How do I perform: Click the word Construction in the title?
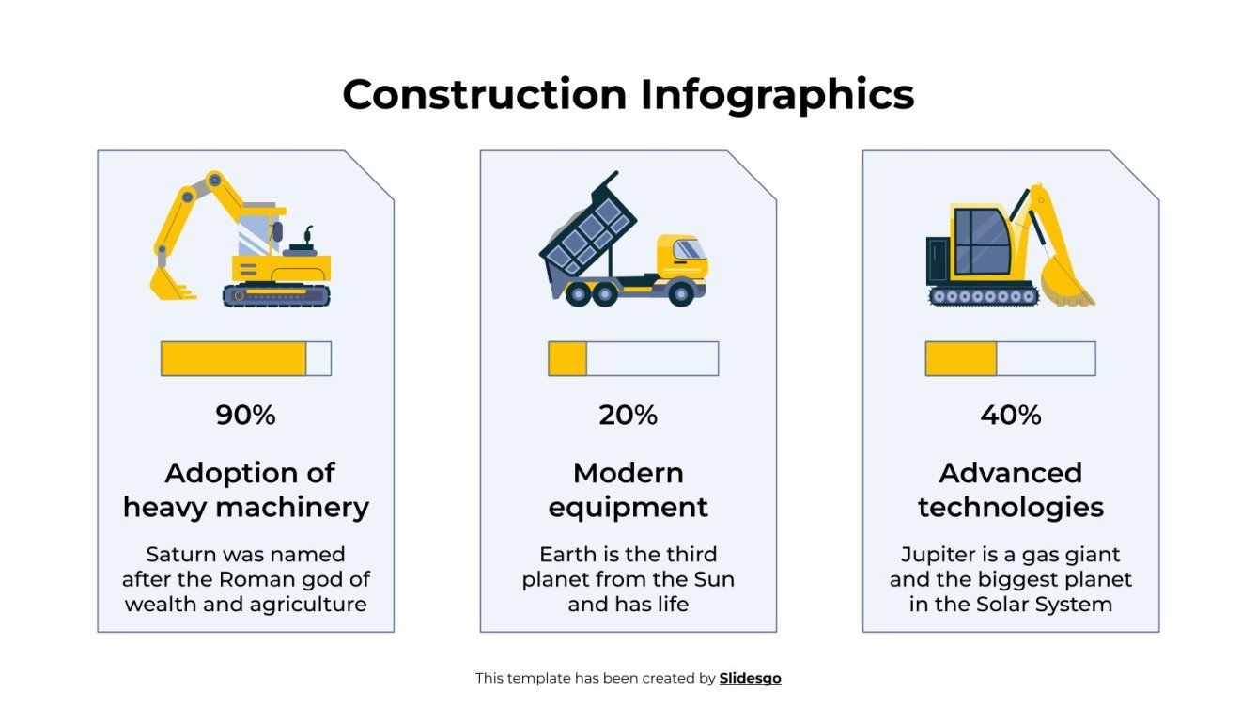pyautogui.click(x=484, y=95)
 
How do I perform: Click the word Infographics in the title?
pyautogui.click(x=777, y=95)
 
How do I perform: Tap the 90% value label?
pyautogui.click(x=245, y=415)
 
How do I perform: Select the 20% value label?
pyautogui.click(x=628, y=415)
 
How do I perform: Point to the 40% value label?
pyautogui.click(x=1011, y=415)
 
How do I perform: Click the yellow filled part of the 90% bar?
pyautogui.click(x=233, y=358)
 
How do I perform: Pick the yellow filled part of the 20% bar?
pyautogui.click(x=567, y=358)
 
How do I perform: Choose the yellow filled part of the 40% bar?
pyautogui.click(x=960, y=358)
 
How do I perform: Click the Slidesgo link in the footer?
pyautogui.click(x=750, y=678)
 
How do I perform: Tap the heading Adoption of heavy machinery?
pyautogui.click(x=245, y=490)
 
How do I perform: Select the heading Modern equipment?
pyautogui.click(x=628, y=490)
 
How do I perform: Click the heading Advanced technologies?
pyautogui.click(x=1011, y=490)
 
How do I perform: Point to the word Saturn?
pyautogui.click(x=178, y=555)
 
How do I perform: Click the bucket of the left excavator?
pyautogui.click(x=166, y=282)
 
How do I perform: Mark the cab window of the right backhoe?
pyautogui.click(x=982, y=240)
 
